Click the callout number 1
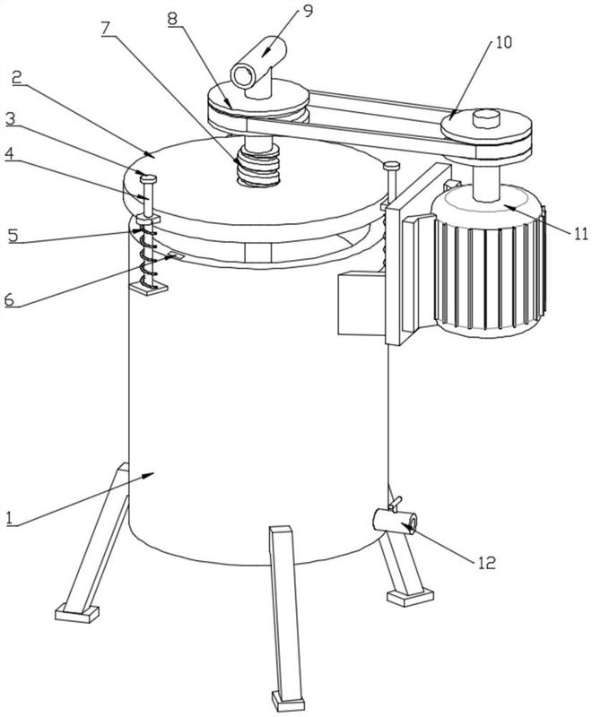pos(9,519)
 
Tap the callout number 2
pos(17,77)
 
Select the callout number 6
pos(10,300)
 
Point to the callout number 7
pos(105,29)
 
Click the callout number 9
pos(308,10)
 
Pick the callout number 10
pos(503,42)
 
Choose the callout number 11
pos(580,234)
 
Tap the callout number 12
pos(487,562)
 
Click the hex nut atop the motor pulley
pos(486,117)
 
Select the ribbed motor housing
pos(489,261)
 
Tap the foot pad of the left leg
pos(77,612)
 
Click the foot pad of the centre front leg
pos(288,700)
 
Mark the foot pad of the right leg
pos(410,597)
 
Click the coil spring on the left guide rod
pos(147,258)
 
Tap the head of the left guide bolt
pos(149,178)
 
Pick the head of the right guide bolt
pos(392,166)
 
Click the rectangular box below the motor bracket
pos(361,303)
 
